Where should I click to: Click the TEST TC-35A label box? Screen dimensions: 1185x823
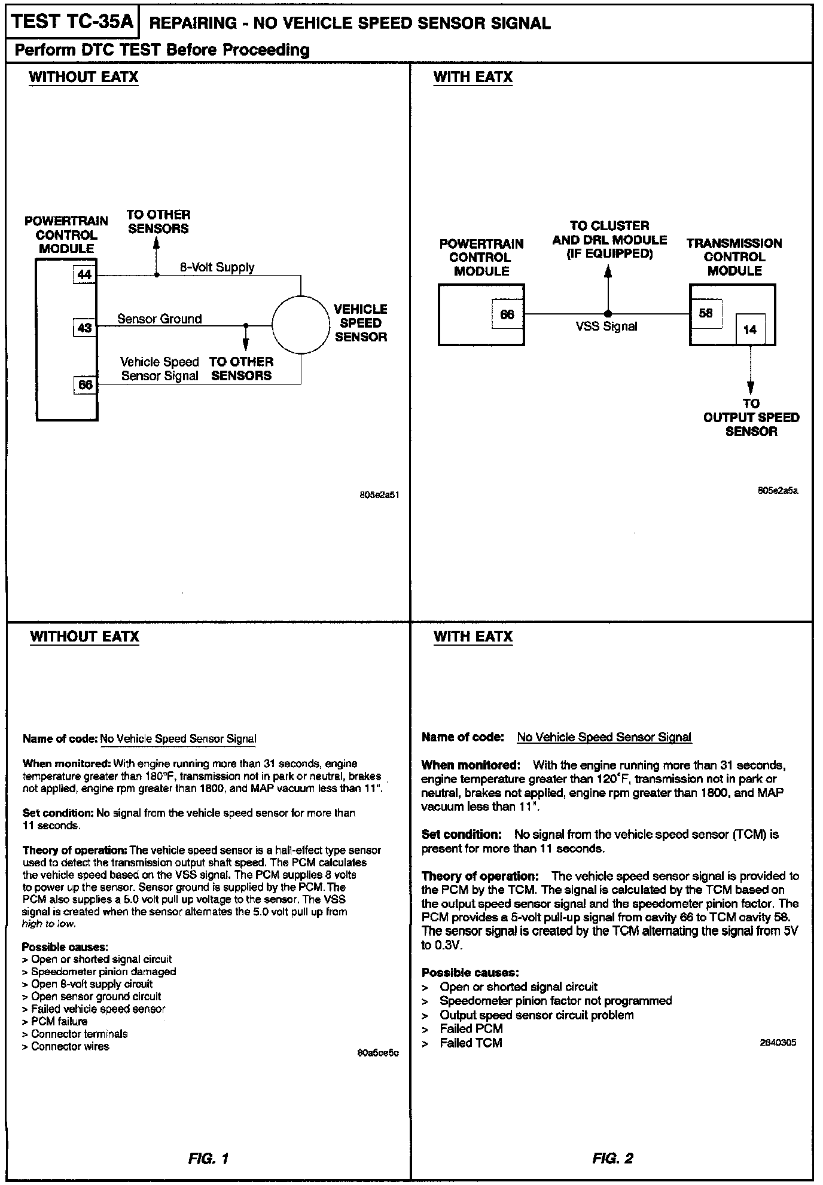tap(71, 23)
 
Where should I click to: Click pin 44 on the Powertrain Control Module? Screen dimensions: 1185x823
tap(85, 274)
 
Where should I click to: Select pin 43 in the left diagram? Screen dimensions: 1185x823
tap(85, 327)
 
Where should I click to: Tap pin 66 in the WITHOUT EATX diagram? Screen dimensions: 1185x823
tap(85, 384)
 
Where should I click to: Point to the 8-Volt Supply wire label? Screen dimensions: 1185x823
tap(217, 267)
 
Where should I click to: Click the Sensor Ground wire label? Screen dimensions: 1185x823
tap(159, 319)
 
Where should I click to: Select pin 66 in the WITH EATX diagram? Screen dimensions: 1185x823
tap(507, 314)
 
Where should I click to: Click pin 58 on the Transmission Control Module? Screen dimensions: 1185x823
tap(706, 313)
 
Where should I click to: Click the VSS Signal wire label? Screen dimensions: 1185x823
tap(606, 326)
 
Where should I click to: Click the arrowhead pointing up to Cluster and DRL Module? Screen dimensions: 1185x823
tap(608, 271)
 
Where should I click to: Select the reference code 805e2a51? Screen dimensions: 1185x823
tap(377, 496)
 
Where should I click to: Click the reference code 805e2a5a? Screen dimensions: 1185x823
tap(778, 491)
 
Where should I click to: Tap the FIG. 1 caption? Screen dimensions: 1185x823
tap(208, 1158)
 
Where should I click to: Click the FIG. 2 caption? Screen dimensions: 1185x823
tap(612, 1158)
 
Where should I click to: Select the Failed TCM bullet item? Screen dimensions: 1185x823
tap(471, 1043)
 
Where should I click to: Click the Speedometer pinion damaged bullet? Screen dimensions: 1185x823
tap(103, 972)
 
